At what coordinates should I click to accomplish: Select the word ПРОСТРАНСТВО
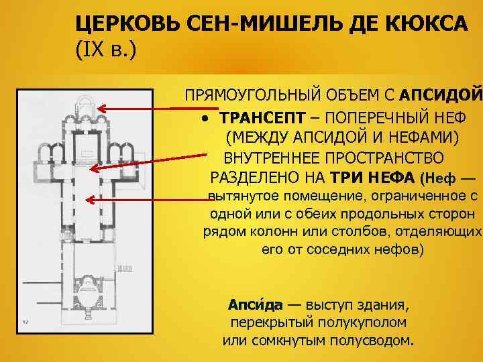[x=383, y=160]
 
